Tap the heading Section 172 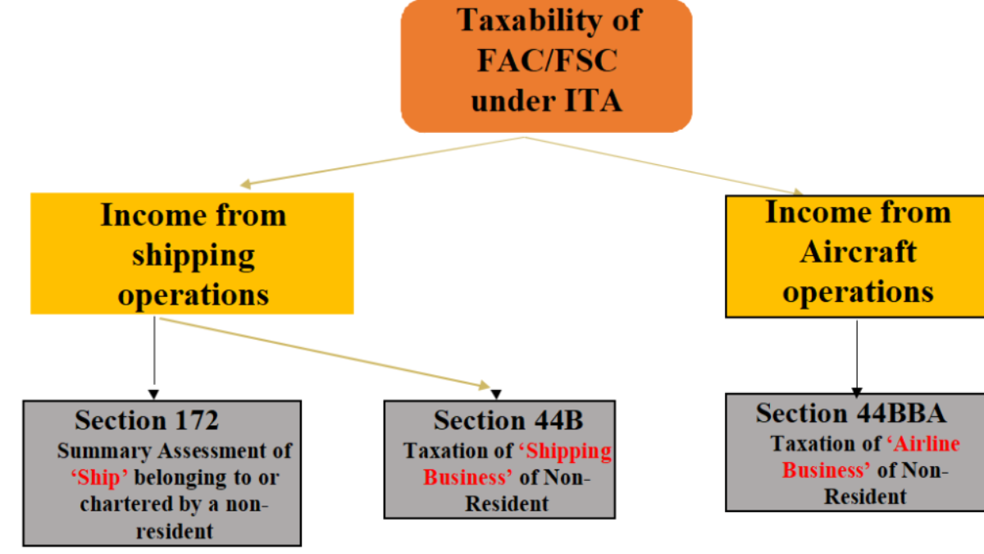[x=147, y=420]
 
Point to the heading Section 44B [x=508, y=420]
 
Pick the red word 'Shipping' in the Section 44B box [x=565, y=451]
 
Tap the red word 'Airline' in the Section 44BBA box [x=922, y=443]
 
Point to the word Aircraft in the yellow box [x=858, y=251]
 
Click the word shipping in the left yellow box [x=194, y=254]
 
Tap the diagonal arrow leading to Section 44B [x=328, y=352]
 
